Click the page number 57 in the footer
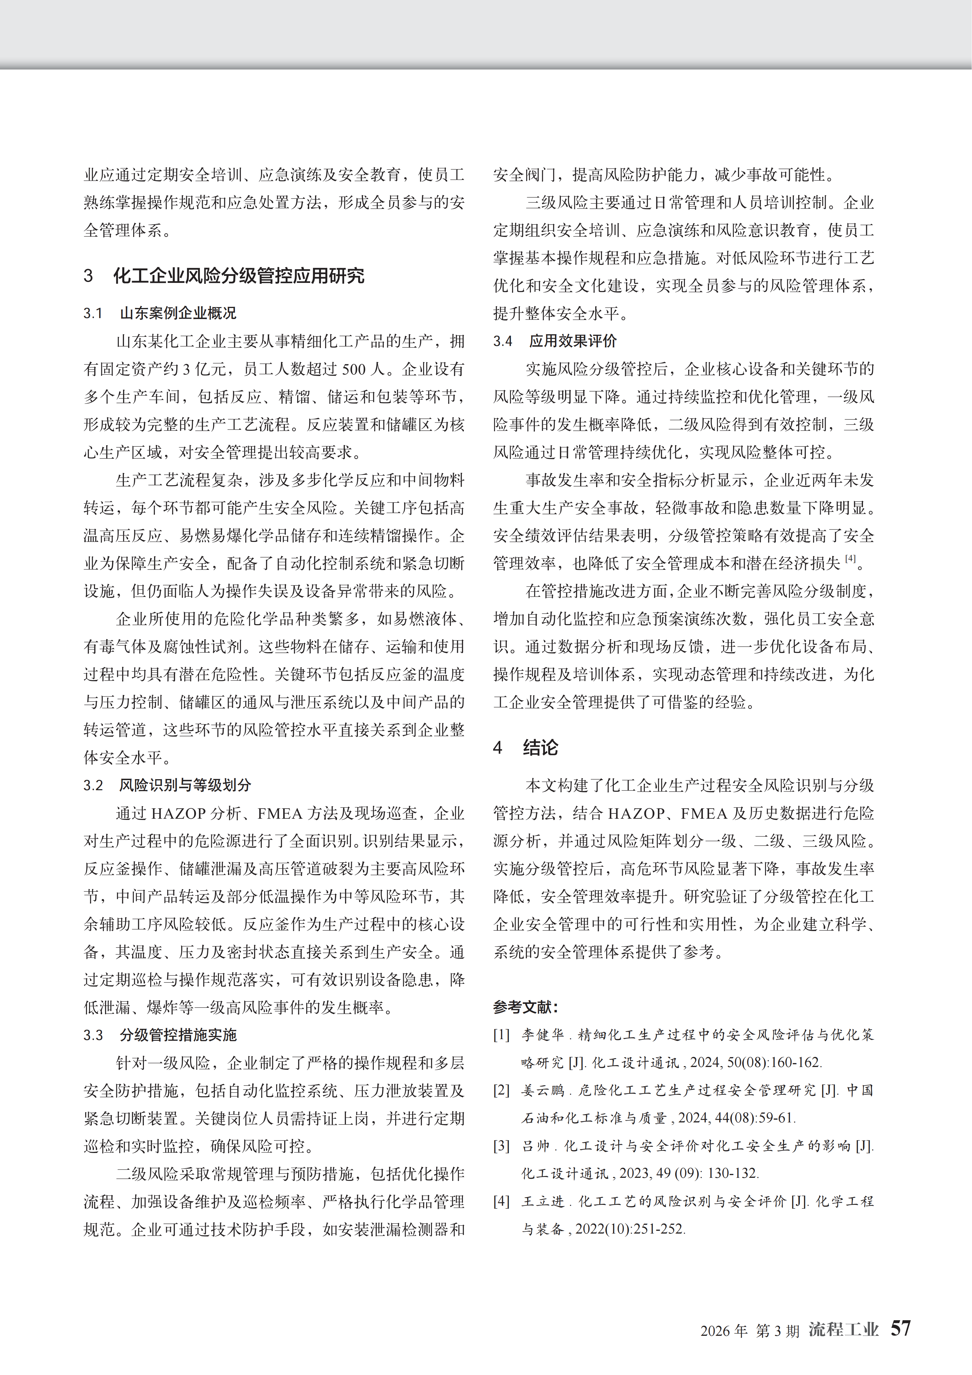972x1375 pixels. click(900, 1328)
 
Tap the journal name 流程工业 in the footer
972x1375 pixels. click(843, 1329)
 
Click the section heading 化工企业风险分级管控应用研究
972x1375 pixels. click(238, 276)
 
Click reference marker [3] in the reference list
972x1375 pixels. click(502, 1146)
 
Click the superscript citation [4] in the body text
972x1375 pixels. click(850, 559)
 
